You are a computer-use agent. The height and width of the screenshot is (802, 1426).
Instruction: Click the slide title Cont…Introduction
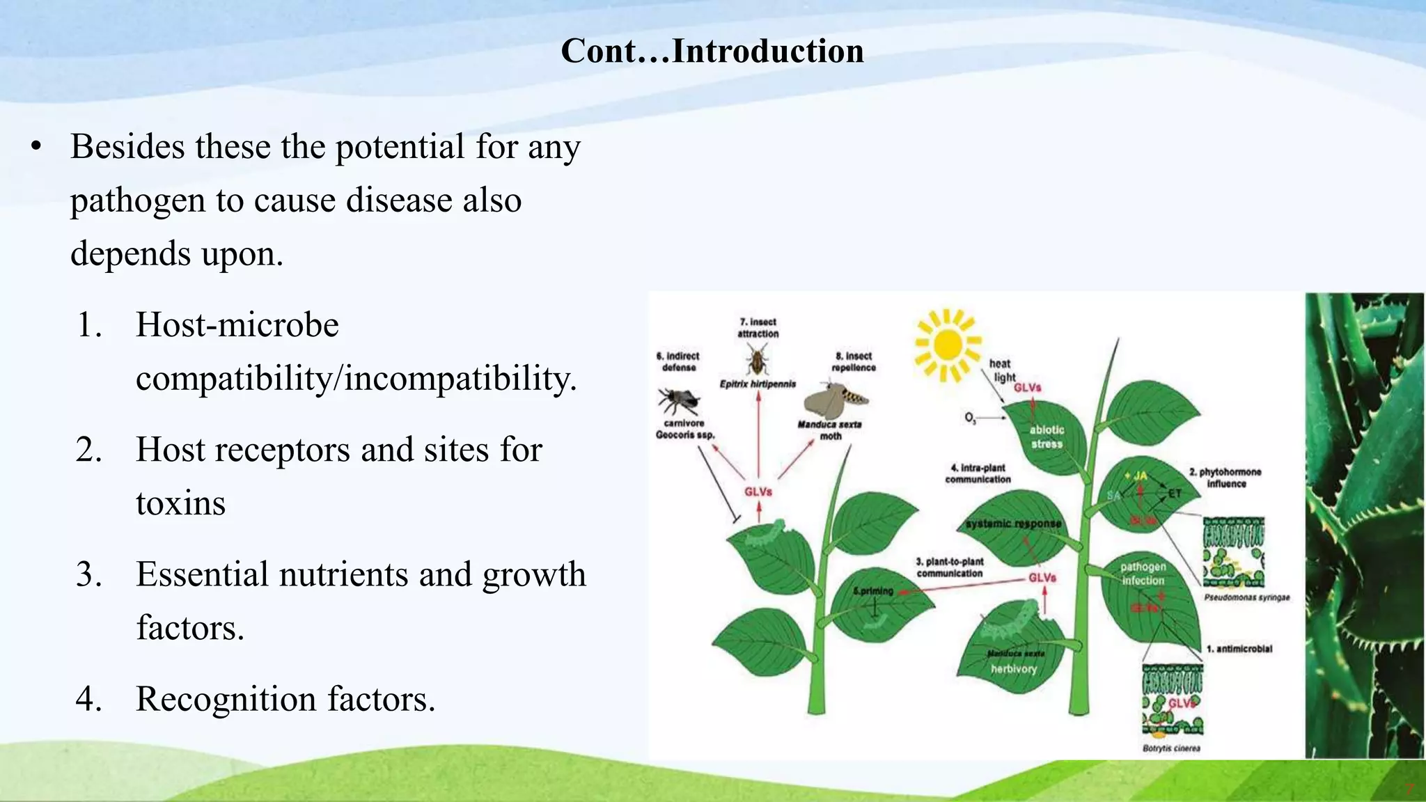pos(712,51)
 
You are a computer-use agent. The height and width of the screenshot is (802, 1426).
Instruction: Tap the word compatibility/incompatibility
pos(356,379)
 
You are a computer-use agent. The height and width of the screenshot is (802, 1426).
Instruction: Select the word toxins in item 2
pos(180,503)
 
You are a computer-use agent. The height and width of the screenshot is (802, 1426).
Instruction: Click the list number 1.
pos(89,325)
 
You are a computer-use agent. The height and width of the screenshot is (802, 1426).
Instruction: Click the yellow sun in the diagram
pos(947,345)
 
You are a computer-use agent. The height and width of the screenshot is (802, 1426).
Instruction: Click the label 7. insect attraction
pos(758,328)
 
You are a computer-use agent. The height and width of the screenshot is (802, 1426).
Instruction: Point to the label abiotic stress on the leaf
pos(1047,437)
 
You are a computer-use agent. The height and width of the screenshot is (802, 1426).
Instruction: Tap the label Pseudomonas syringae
pos(1246,597)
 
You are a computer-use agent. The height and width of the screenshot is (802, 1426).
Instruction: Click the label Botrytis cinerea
pos(1171,748)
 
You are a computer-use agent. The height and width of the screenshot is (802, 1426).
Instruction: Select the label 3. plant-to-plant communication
pos(950,567)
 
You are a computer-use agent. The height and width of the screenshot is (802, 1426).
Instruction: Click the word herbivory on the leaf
pos(1014,669)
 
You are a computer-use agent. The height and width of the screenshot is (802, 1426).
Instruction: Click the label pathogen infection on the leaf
pos(1143,574)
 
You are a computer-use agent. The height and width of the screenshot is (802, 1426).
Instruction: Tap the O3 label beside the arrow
pos(970,418)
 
